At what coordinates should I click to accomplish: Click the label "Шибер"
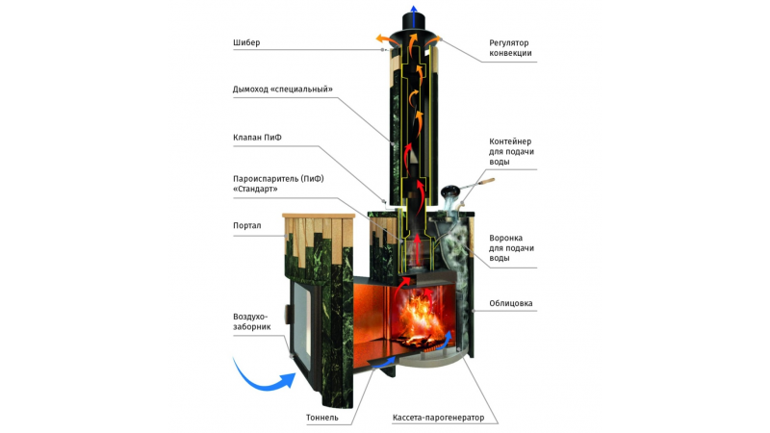246,42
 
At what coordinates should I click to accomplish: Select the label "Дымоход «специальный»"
282,89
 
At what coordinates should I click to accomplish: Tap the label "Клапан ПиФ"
257,138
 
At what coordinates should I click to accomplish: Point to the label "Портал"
247,226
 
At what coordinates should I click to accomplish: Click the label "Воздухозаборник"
252,321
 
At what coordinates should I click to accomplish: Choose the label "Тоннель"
322,418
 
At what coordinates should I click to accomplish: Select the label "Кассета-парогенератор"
438,418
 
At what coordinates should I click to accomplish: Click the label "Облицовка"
511,303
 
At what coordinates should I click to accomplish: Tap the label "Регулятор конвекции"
510,48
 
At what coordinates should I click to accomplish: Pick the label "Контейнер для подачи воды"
511,152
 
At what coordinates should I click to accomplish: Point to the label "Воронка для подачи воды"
511,248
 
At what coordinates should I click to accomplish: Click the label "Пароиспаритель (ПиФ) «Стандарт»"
278,184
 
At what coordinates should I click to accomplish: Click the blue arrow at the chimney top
414,16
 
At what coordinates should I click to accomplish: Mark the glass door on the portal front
301,325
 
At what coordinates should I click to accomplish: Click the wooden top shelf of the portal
319,216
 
